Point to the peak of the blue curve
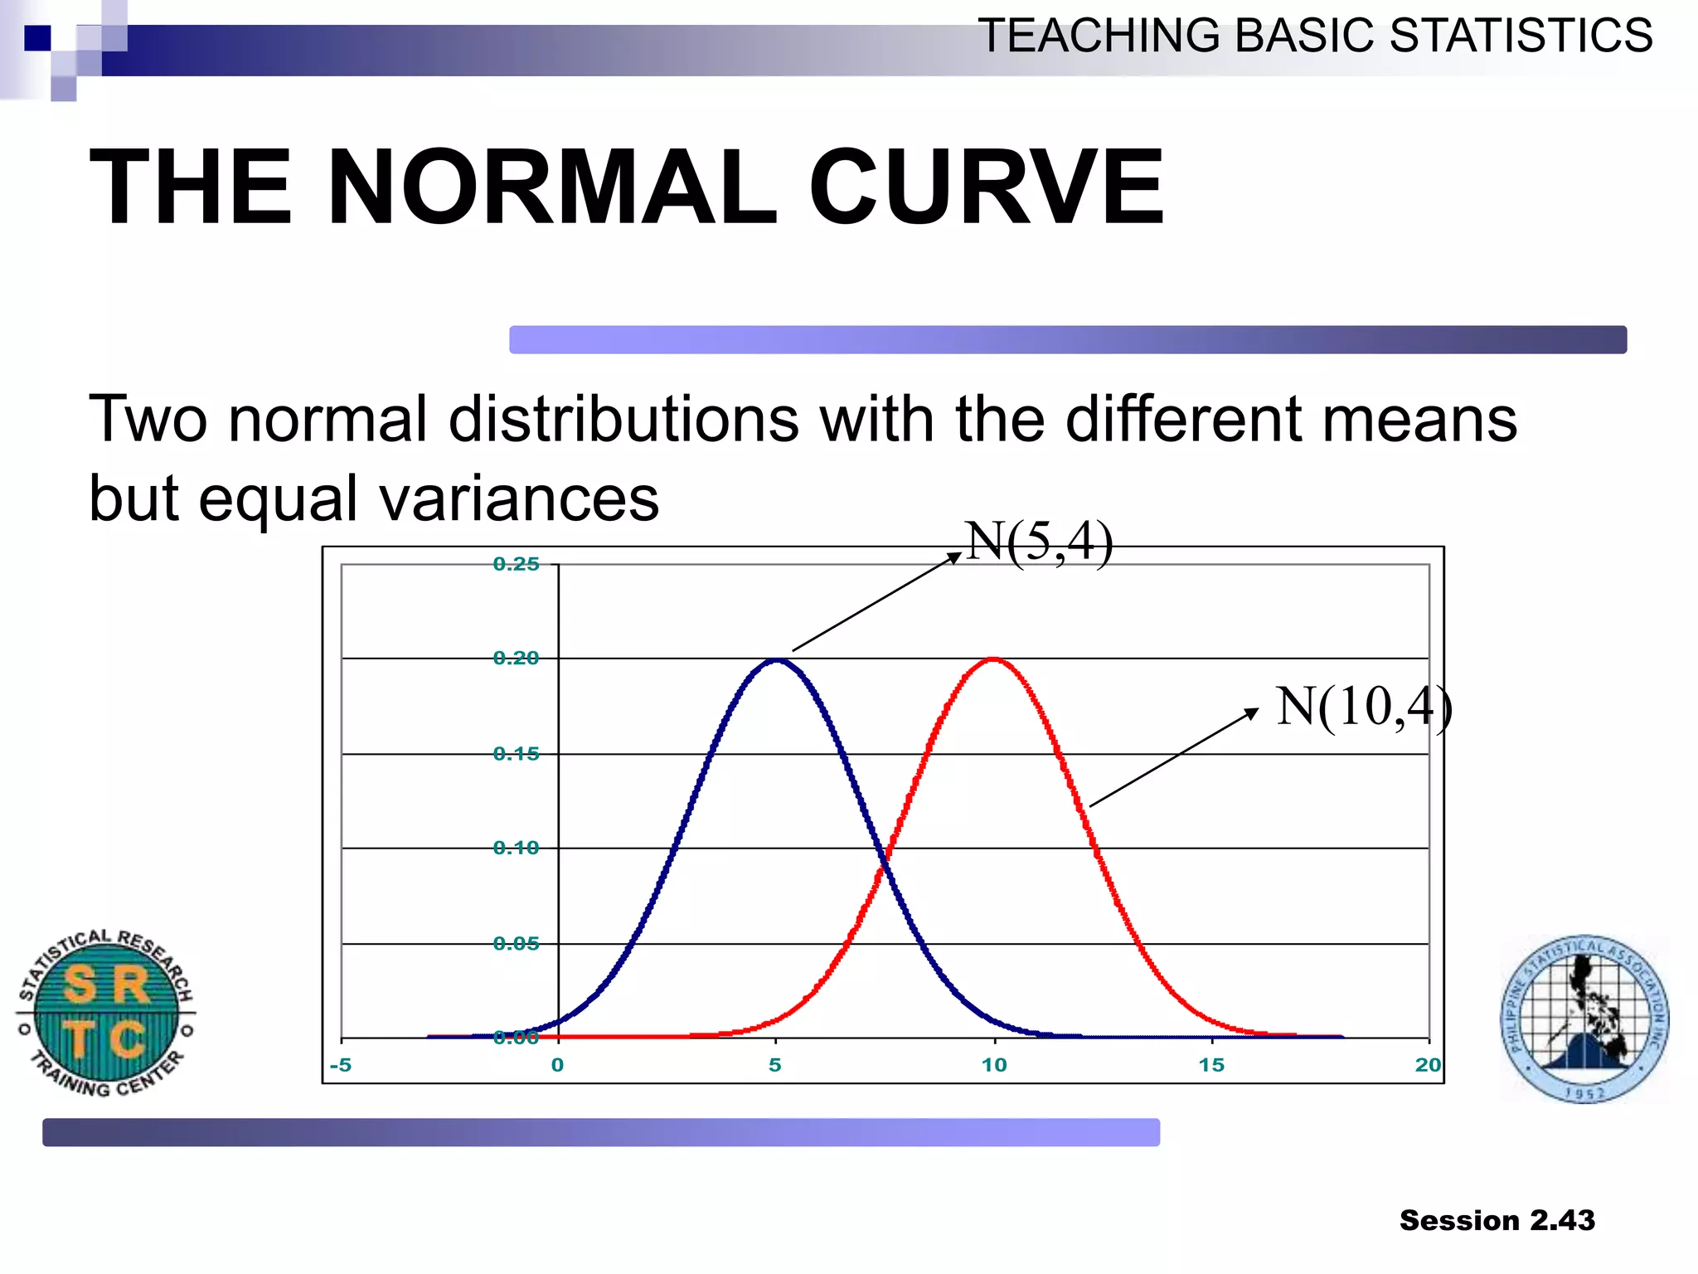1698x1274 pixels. pos(775,660)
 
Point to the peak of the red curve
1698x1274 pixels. pos(993,660)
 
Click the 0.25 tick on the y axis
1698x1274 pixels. pos(516,565)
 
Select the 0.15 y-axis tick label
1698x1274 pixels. pos(516,754)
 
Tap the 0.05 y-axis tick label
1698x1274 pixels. pos(516,944)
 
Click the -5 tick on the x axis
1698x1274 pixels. pos(341,1065)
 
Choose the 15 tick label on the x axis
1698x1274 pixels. pos(1211,1065)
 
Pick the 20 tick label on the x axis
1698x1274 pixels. pos(1428,1065)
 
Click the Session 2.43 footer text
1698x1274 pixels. pos(1497,1220)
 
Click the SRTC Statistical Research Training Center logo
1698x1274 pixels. pos(106,1013)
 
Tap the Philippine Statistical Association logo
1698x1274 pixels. pos(1584,1019)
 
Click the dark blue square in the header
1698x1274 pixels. pos(37,38)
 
